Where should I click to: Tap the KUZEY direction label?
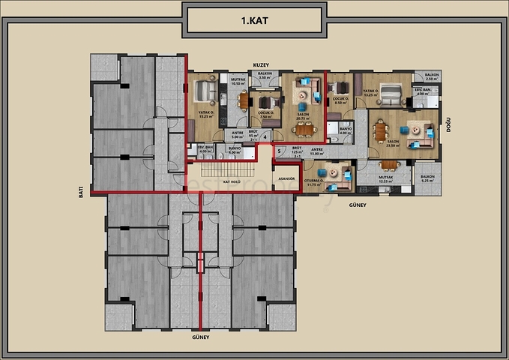point(261,64)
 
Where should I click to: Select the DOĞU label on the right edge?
point(448,126)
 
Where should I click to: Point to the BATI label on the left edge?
point(80,191)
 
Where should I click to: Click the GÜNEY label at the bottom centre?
point(200,337)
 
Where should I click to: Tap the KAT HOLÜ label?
point(231,181)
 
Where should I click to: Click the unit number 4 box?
point(265,136)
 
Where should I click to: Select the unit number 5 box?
point(279,151)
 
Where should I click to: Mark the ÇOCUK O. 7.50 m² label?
point(265,115)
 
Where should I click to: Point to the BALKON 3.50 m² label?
point(264,76)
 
